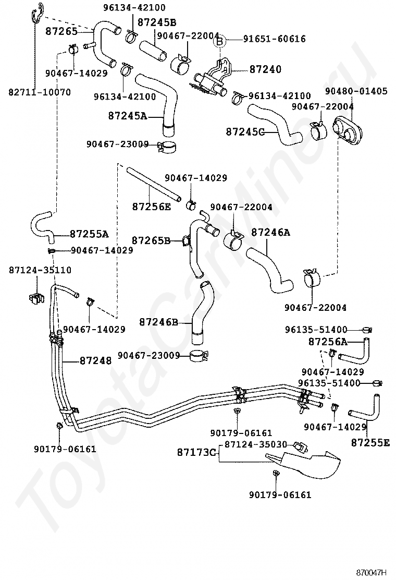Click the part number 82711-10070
point(40,92)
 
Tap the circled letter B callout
point(219,41)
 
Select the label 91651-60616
point(274,39)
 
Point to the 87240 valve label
point(265,69)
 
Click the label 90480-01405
point(356,91)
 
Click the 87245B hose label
point(157,22)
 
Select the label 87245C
point(245,131)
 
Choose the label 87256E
point(152,207)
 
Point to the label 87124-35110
point(40,270)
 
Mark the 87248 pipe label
point(95,360)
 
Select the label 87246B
point(158,322)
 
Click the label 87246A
point(270,232)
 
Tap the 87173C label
point(196,452)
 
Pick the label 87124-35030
point(256,444)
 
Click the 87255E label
point(370,442)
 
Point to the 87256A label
point(328,342)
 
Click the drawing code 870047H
point(371,573)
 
